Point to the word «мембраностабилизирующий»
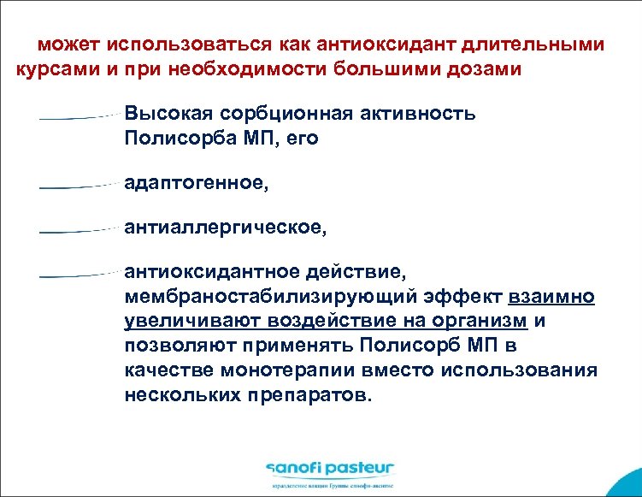click(x=259, y=297)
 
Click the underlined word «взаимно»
click(x=551, y=297)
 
